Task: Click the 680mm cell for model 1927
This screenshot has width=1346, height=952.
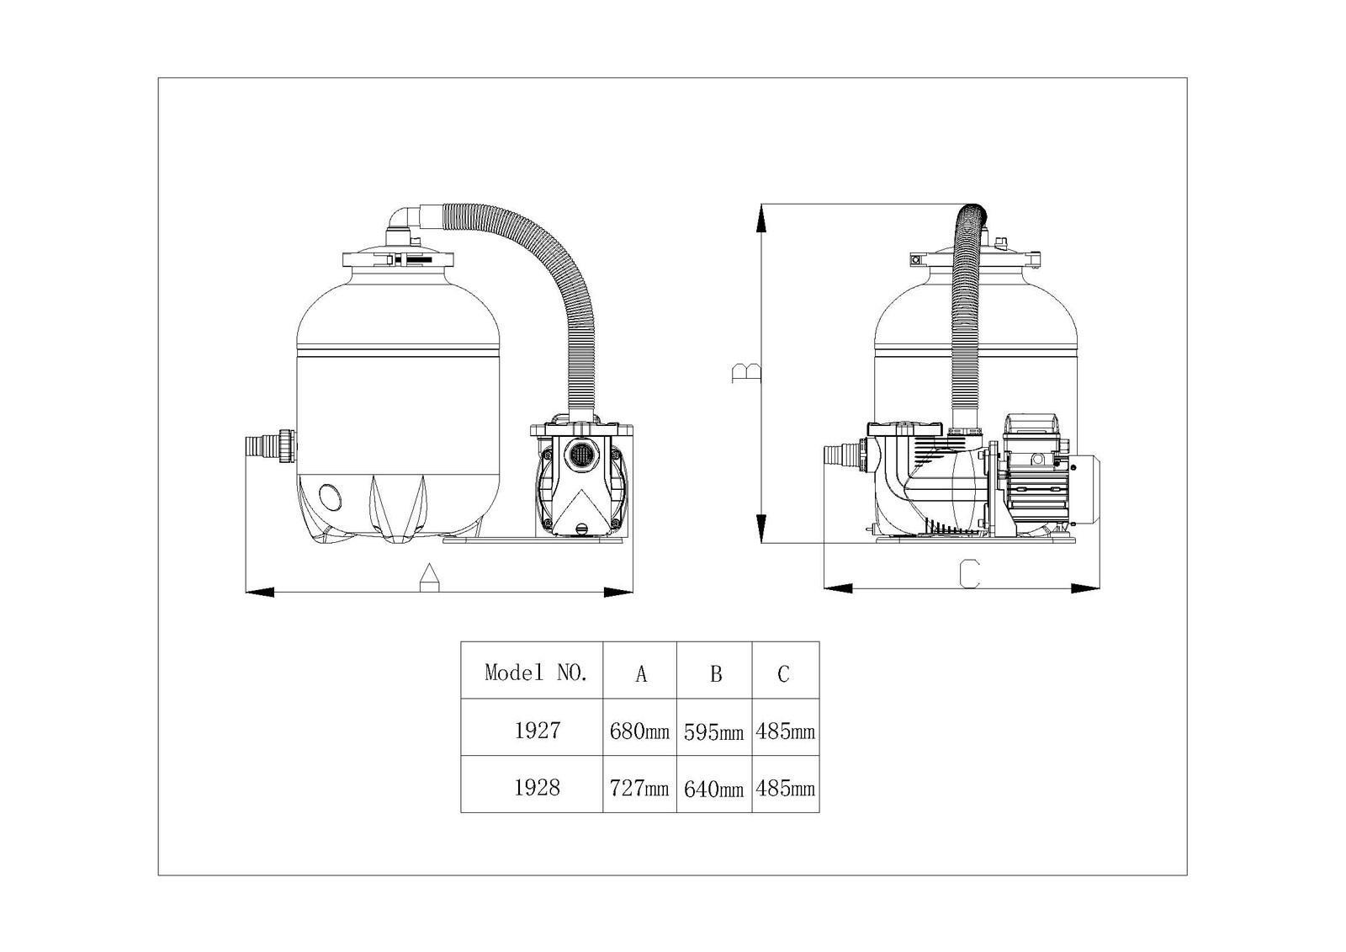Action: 639,731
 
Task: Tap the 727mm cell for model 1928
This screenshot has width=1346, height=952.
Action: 639,788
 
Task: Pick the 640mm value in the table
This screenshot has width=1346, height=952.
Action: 714,789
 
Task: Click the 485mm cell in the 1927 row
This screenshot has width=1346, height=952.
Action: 786,731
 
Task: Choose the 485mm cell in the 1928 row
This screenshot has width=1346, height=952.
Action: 786,788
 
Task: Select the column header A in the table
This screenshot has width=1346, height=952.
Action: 641,674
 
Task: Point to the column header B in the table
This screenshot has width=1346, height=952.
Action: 716,674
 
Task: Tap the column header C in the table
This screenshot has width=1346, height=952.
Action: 783,674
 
